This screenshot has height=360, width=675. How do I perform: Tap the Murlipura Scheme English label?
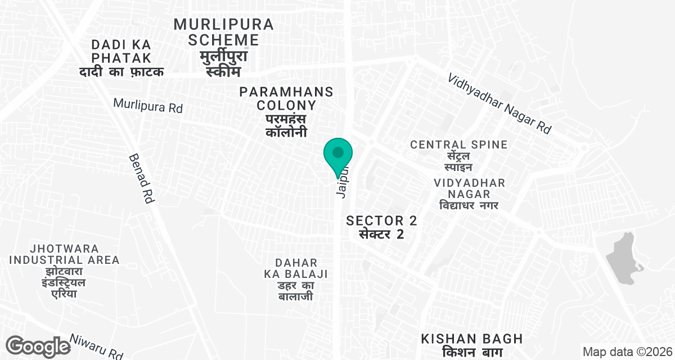click(223, 32)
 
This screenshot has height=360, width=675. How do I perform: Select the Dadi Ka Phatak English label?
click(122, 51)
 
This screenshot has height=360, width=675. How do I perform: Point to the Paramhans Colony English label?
click(286, 98)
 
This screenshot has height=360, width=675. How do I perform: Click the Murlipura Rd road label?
click(148, 106)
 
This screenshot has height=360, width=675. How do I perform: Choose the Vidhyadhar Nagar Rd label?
click(499, 103)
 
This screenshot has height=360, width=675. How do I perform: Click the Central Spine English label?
click(458, 145)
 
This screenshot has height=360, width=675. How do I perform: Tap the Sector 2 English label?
click(382, 220)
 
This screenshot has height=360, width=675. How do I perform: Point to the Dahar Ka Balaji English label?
click(296, 268)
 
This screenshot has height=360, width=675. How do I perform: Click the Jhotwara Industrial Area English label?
click(64, 254)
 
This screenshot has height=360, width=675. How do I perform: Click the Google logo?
click(38, 346)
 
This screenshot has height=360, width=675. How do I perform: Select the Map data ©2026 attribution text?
click(626, 352)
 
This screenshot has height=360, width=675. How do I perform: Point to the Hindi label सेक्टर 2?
click(382, 234)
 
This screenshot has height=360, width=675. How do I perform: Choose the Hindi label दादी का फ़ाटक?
click(121, 72)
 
